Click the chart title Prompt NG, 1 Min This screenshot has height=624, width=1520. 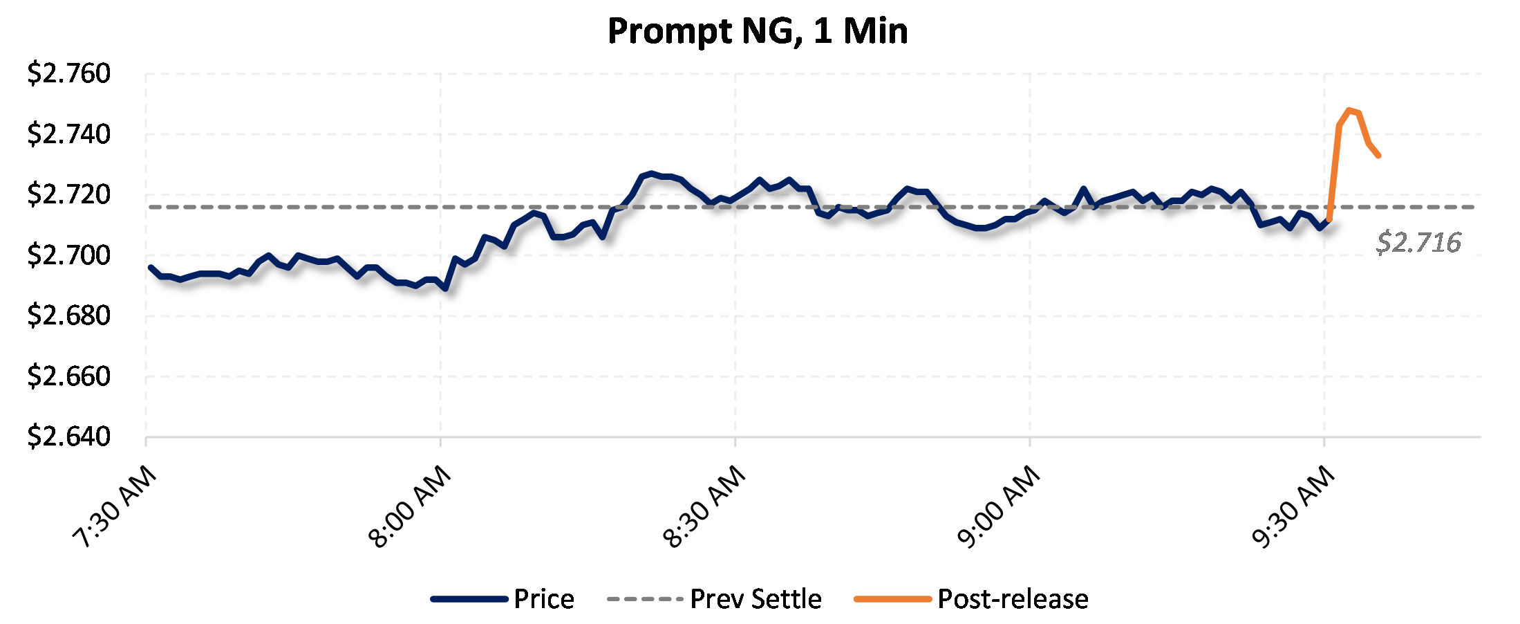point(758,31)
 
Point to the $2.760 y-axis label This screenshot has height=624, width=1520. point(68,73)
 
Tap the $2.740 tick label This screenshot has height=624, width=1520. point(68,134)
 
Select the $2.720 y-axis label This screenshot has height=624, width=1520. point(68,194)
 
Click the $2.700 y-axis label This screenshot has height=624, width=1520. point(68,255)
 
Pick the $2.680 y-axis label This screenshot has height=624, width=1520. point(68,315)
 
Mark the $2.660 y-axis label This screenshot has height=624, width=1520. point(68,376)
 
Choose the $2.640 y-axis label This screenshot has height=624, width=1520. point(68,437)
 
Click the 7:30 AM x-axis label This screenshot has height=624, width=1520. point(115,506)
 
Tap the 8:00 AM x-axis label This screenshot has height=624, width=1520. point(410,506)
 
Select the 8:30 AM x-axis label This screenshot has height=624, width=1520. point(704,506)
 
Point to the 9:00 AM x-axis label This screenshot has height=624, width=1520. point(999,506)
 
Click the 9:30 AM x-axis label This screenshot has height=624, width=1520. point(1293,506)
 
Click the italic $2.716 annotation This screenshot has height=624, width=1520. point(1418,243)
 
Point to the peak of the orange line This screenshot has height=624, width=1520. point(1349,110)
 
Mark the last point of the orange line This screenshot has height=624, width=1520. point(1379,156)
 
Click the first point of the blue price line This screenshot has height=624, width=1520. point(151,267)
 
